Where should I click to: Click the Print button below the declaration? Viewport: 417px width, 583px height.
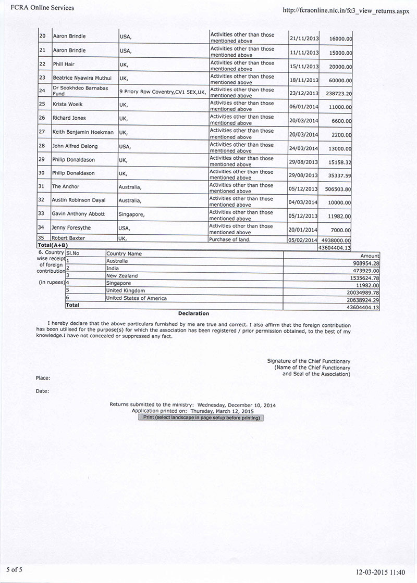coord(201,417)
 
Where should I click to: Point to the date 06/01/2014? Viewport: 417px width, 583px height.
coord(303,107)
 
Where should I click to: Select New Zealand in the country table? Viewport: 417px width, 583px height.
coord(122,276)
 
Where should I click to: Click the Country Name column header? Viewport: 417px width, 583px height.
coord(124,254)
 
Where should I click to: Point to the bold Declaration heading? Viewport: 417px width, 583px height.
coord(193,313)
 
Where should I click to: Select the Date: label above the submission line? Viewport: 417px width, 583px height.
coord(43,391)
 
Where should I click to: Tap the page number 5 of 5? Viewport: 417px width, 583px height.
coord(15,570)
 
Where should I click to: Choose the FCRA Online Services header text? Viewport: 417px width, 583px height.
coord(39,8)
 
